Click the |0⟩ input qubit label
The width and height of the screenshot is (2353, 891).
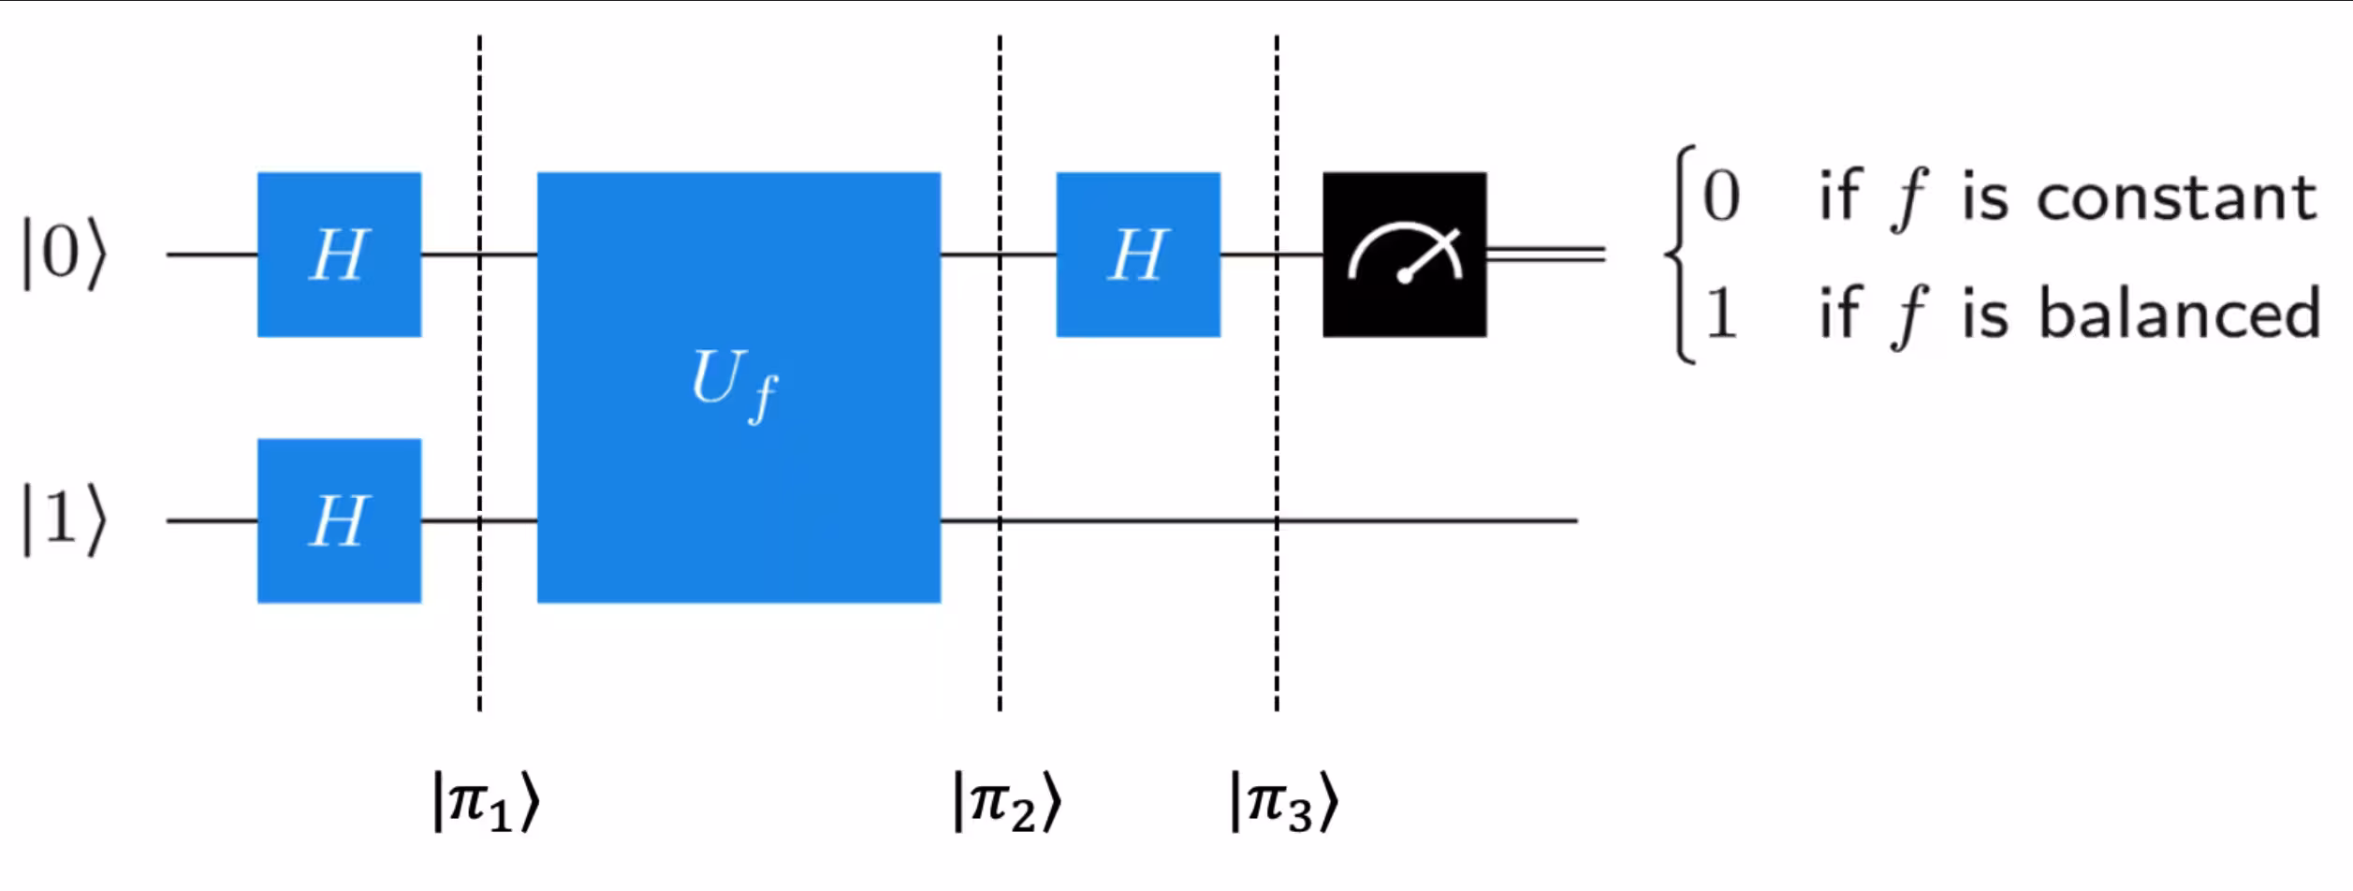pos(64,255)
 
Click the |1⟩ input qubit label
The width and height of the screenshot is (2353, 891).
pos(64,520)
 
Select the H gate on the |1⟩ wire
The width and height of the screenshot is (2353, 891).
pos(339,520)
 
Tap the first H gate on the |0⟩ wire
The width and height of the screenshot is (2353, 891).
pos(339,255)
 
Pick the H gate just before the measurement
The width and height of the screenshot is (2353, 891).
pos(1138,255)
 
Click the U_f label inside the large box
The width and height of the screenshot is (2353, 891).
pos(734,384)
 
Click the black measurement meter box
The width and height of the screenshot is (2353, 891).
pos(1404,255)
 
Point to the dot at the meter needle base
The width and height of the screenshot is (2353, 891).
pos(1404,276)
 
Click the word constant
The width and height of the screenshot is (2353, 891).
pos(2177,198)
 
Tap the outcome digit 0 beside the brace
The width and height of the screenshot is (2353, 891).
pos(1720,197)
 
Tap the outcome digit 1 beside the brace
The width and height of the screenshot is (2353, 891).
pos(1720,314)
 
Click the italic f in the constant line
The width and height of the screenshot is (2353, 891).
pos(1907,198)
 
